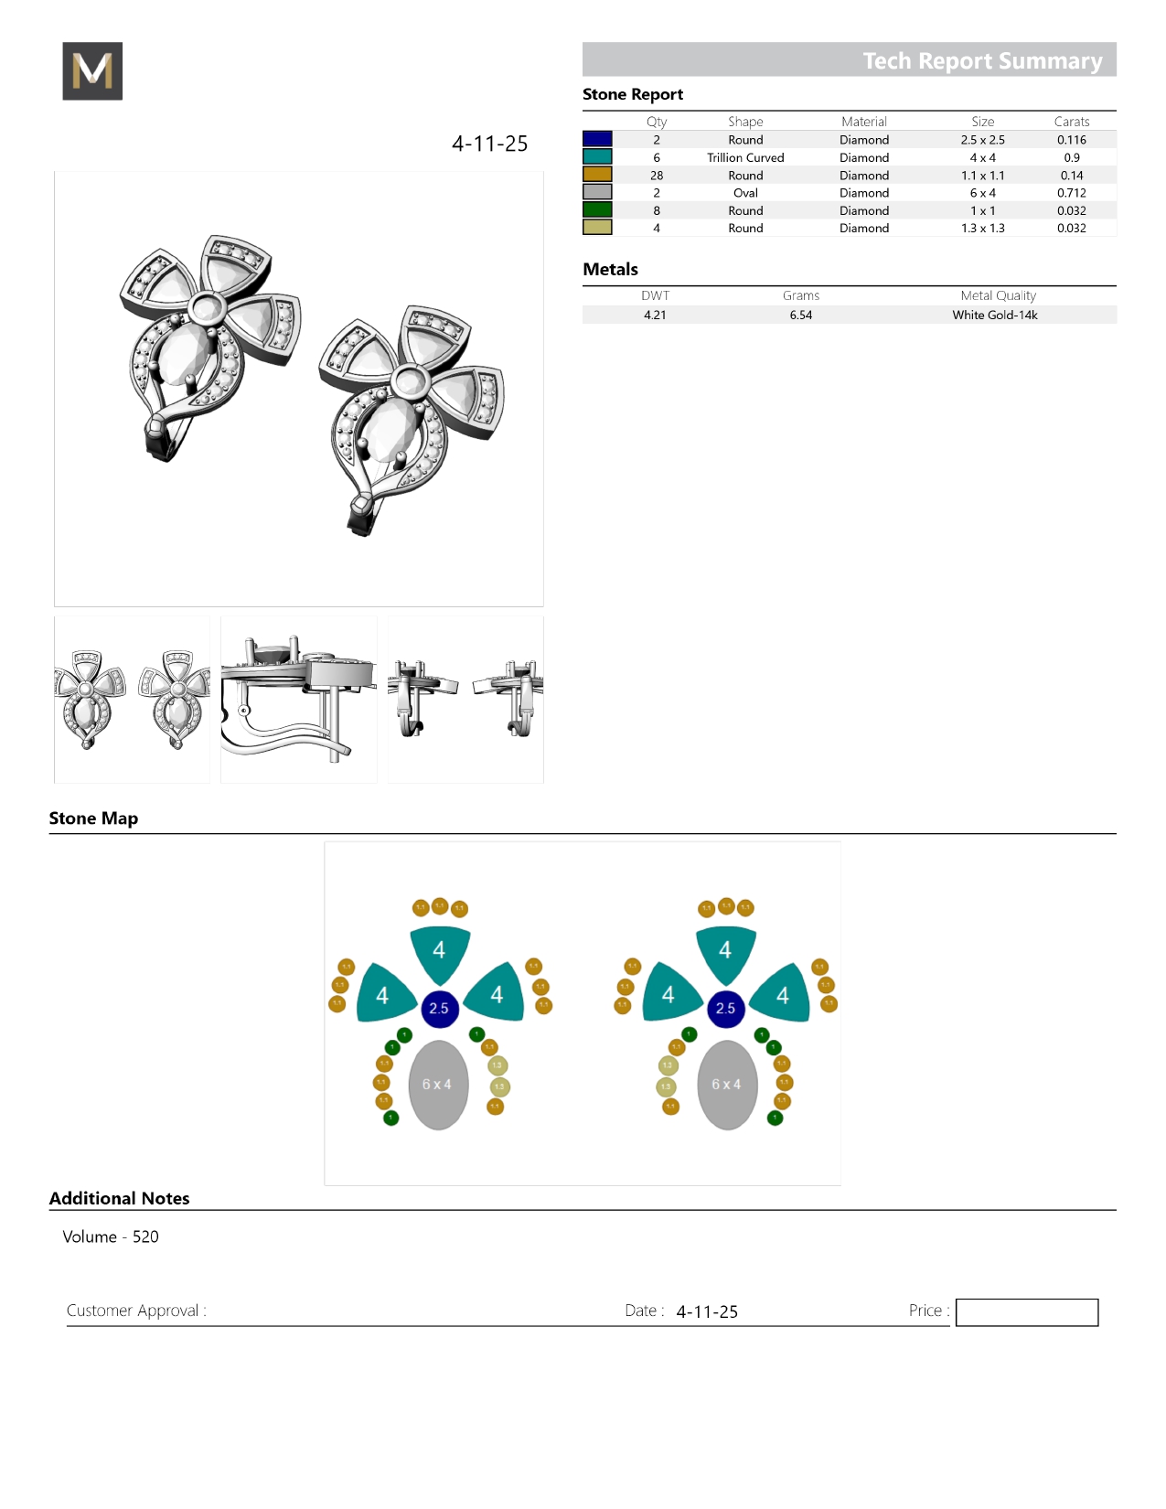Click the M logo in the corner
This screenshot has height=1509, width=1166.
92,71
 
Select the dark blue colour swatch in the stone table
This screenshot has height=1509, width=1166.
597,139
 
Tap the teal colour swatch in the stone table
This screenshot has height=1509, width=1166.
597,157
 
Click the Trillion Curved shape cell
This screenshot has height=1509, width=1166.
744,157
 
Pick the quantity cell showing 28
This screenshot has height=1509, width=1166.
656,176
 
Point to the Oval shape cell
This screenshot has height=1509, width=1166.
744,193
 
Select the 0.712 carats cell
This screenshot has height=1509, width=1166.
1071,193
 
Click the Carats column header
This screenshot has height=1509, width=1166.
1071,122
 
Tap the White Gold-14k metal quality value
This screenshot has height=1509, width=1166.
994,315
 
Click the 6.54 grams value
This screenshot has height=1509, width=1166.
800,315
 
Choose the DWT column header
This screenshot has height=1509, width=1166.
655,295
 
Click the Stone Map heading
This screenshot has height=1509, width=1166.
93,819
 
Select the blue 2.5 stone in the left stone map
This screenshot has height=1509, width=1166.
439,1008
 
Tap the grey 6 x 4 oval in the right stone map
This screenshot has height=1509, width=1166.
727,1085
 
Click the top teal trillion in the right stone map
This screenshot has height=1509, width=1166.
725,951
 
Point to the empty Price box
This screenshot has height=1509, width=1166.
1026,1311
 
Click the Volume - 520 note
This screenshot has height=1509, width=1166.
111,1236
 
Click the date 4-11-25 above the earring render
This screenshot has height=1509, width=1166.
489,144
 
